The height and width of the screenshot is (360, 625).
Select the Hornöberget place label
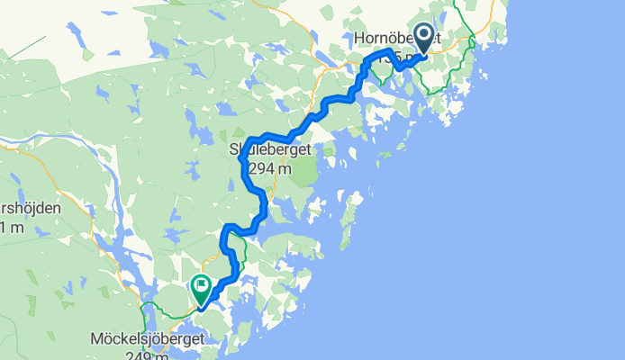coord(396,39)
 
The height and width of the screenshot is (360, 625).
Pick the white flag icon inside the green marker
coord(200,288)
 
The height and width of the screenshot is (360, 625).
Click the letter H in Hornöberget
coord(359,39)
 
